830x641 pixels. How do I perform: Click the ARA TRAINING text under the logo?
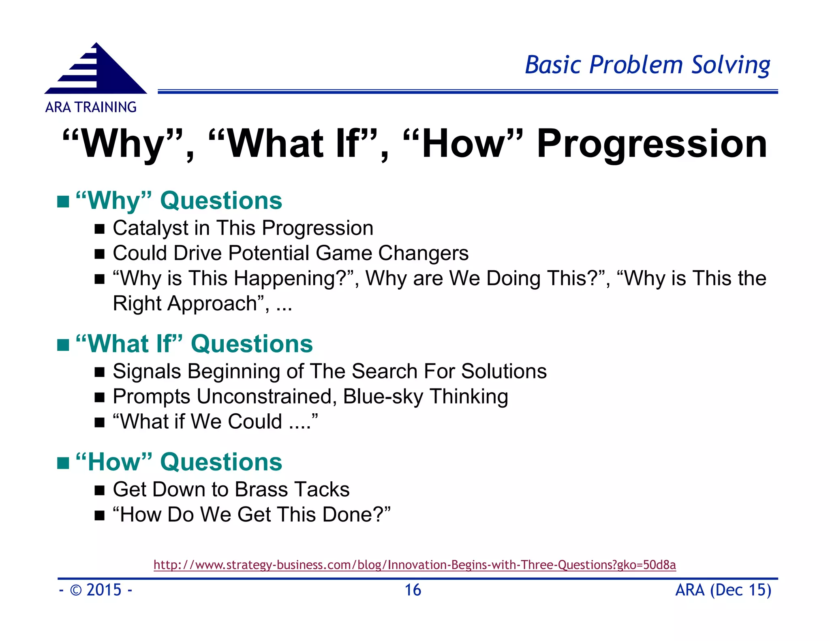click(91, 107)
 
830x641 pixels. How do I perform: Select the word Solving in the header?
click(730, 65)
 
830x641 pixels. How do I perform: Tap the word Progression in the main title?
click(652, 144)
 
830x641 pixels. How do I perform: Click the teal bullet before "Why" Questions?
click(63, 201)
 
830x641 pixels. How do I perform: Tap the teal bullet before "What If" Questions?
click(63, 345)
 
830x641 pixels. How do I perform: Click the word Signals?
click(147, 372)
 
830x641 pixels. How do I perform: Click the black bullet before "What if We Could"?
click(100, 423)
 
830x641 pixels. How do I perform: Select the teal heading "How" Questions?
click(179, 462)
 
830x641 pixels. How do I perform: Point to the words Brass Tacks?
click(292, 489)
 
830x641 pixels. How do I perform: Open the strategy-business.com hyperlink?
click(415, 565)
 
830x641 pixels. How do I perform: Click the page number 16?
click(413, 590)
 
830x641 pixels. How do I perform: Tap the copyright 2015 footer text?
click(96, 590)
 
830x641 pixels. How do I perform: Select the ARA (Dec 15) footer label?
click(723, 590)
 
